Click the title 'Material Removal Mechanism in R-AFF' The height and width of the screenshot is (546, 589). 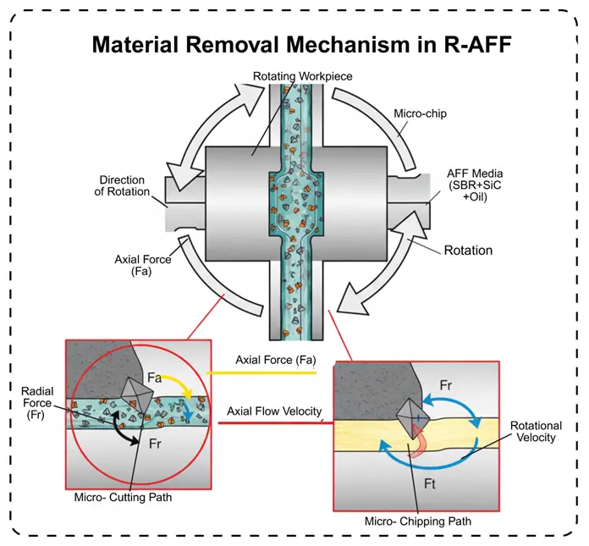(x=300, y=44)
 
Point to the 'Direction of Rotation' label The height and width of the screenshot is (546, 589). (x=124, y=185)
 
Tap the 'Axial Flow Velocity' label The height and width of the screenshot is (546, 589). (x=275, y=412)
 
